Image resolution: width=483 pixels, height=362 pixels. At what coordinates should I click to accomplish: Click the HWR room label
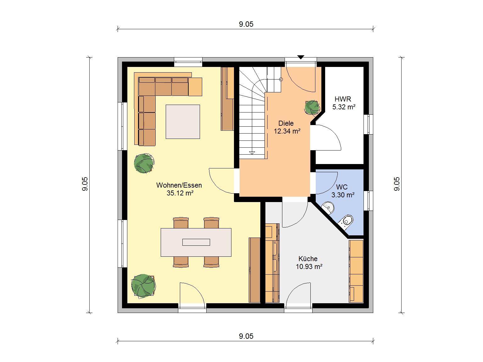click(x=343, y=99)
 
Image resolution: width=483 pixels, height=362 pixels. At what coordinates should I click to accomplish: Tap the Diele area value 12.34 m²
click(x=287, y=131)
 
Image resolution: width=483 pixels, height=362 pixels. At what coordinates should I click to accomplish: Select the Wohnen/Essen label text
click(x=179, y=185)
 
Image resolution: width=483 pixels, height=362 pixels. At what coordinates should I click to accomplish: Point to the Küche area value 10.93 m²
click(x=309, y=266)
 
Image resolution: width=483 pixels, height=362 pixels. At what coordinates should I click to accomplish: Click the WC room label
click(x=342, y=187)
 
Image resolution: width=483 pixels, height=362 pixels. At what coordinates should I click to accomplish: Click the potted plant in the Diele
click(x=312, y=107)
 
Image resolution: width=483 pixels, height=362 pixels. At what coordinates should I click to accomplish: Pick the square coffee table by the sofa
click(x=183, y=122)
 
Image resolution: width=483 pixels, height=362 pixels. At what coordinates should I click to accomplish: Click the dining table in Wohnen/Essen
click(x=196, y=242)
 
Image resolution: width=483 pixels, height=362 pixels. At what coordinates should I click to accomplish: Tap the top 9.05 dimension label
click(x=246, y=24)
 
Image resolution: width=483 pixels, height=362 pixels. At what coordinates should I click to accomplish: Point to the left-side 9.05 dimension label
click(x=85, y=184)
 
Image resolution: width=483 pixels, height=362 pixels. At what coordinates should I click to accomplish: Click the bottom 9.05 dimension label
click(x=246, y=336)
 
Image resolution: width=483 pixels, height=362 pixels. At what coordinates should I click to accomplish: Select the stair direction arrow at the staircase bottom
click(x=252, y=153)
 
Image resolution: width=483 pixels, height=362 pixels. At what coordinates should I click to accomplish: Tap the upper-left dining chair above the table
click(x=181, y=222)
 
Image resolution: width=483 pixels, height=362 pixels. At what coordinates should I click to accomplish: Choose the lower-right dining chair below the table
click(x=211, y=262)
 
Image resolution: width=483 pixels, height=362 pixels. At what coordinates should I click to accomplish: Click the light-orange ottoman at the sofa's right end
click(x=195, y=87)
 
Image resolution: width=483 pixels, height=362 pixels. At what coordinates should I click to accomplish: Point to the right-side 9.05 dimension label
click(x=397, y=184)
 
